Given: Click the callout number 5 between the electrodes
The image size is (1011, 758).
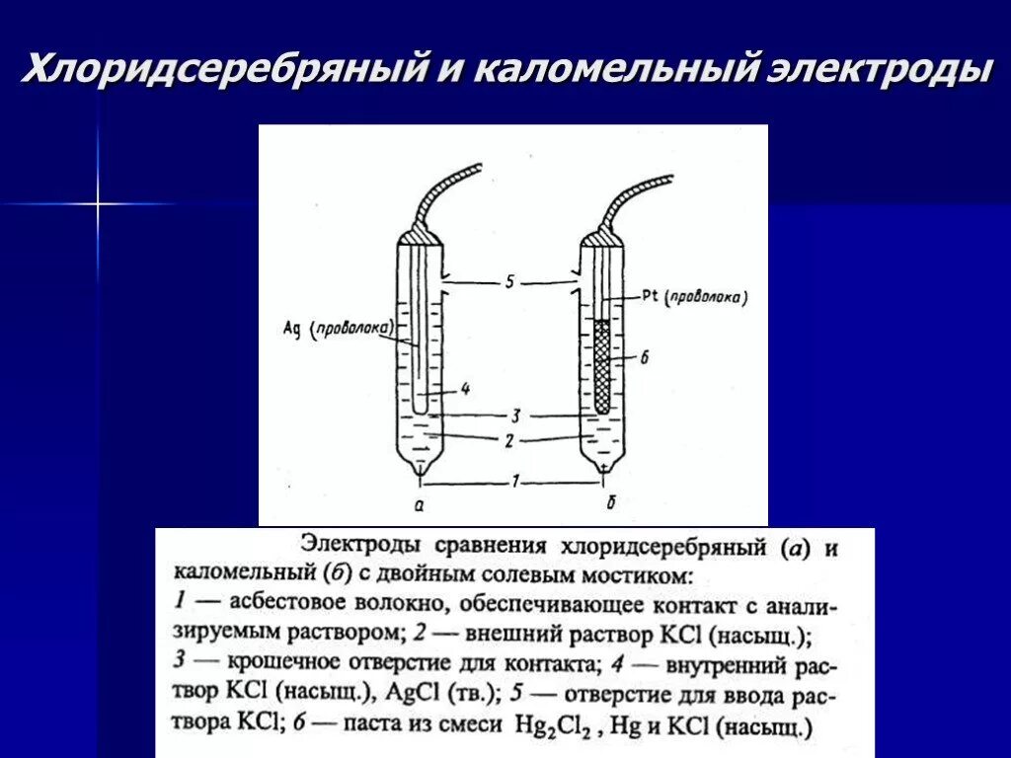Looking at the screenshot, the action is point(508,282).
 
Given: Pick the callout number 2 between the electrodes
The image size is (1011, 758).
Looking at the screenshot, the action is point(507,442).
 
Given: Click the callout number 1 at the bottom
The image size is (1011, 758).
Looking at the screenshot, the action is point(514,482).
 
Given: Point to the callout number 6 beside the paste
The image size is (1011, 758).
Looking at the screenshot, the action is point(643,359).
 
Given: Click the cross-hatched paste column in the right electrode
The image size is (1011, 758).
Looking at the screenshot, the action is point(603,365).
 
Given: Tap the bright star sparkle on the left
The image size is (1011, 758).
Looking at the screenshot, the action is point(98,204).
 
